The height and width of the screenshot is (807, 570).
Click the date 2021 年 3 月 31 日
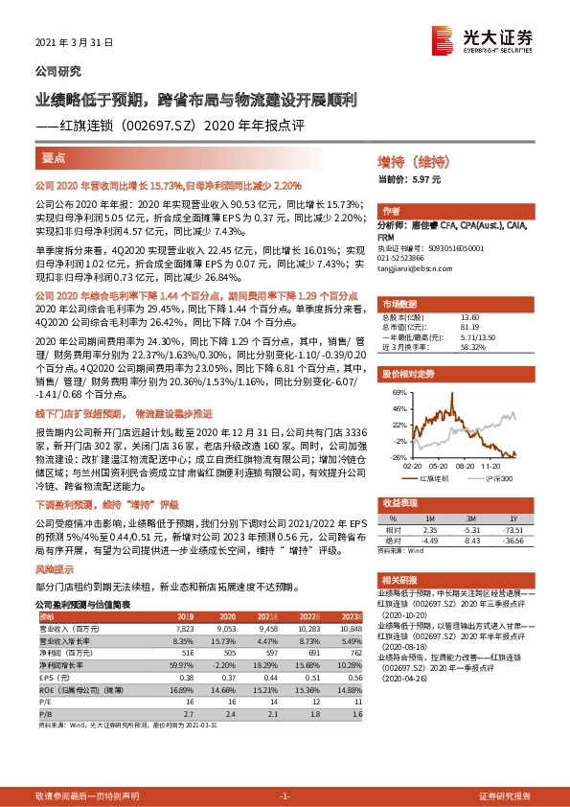tap(74, 43)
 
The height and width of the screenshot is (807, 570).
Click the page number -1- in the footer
tap(285, 796)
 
